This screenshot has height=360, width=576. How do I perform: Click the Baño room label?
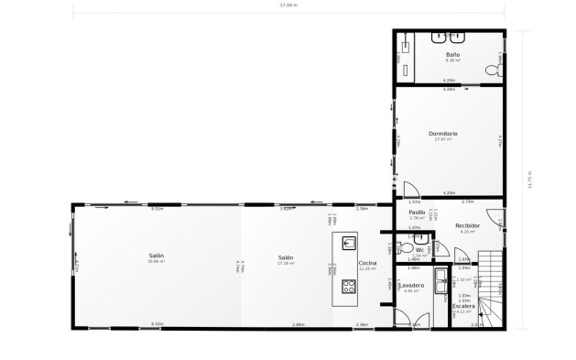tap(451, 55)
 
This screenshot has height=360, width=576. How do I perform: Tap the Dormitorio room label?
tap(443, 134)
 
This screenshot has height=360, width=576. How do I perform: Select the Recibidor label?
tap(468, 224)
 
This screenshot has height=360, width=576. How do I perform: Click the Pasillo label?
tap(416, 212)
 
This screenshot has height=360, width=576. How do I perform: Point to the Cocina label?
tap(368, 263)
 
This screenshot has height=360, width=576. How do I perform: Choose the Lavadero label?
tap(411, 285)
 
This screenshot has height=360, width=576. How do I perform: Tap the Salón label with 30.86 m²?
tap(157, 256)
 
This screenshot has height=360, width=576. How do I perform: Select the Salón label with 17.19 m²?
tap(286, 257)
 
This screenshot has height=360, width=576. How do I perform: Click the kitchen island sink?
tap(349, 242)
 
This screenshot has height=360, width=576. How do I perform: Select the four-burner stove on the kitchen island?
tap(349, 286)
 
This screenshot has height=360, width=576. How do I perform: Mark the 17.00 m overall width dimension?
tap(288, 5)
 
